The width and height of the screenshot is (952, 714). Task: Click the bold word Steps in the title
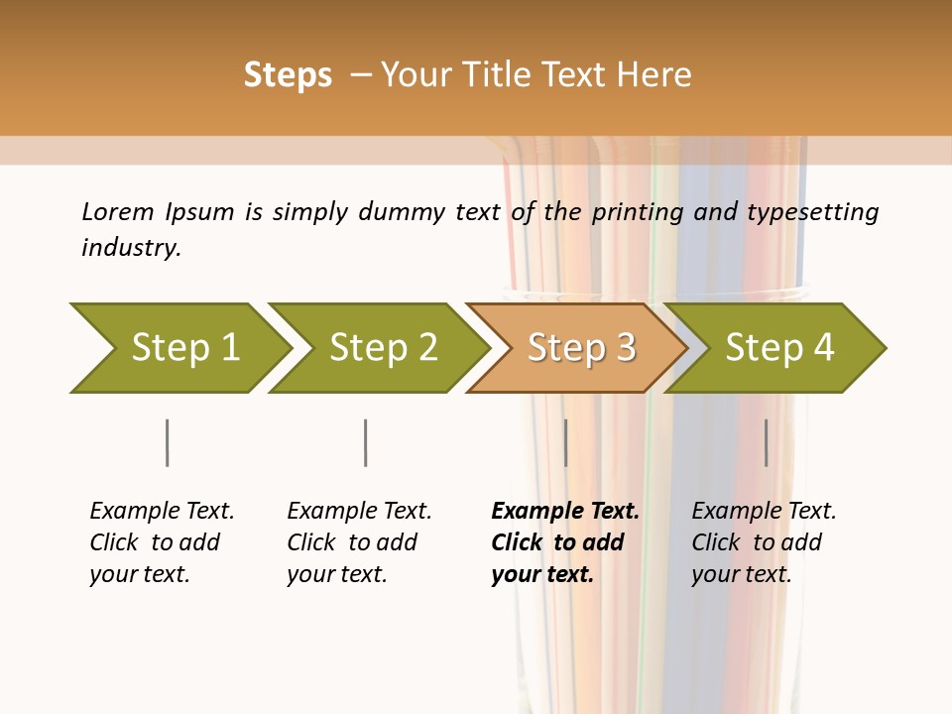point(288,75)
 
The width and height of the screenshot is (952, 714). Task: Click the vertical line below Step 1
point(167,442)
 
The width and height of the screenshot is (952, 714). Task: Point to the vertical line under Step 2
point(366,442)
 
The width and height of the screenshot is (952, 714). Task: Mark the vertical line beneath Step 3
point(565,442)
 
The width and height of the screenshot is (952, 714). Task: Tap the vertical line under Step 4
point(766,442)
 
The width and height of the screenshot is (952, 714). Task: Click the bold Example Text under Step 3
point(563,541)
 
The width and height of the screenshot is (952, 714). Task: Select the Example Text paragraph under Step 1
point(161,541)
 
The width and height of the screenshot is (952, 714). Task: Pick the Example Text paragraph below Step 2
point(358,541)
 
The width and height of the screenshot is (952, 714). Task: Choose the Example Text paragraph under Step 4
point(763,541)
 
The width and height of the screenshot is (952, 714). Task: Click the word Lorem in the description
point(118,212)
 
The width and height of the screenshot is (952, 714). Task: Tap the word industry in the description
point(130,248)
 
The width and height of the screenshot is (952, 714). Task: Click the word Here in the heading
point(654,75)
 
